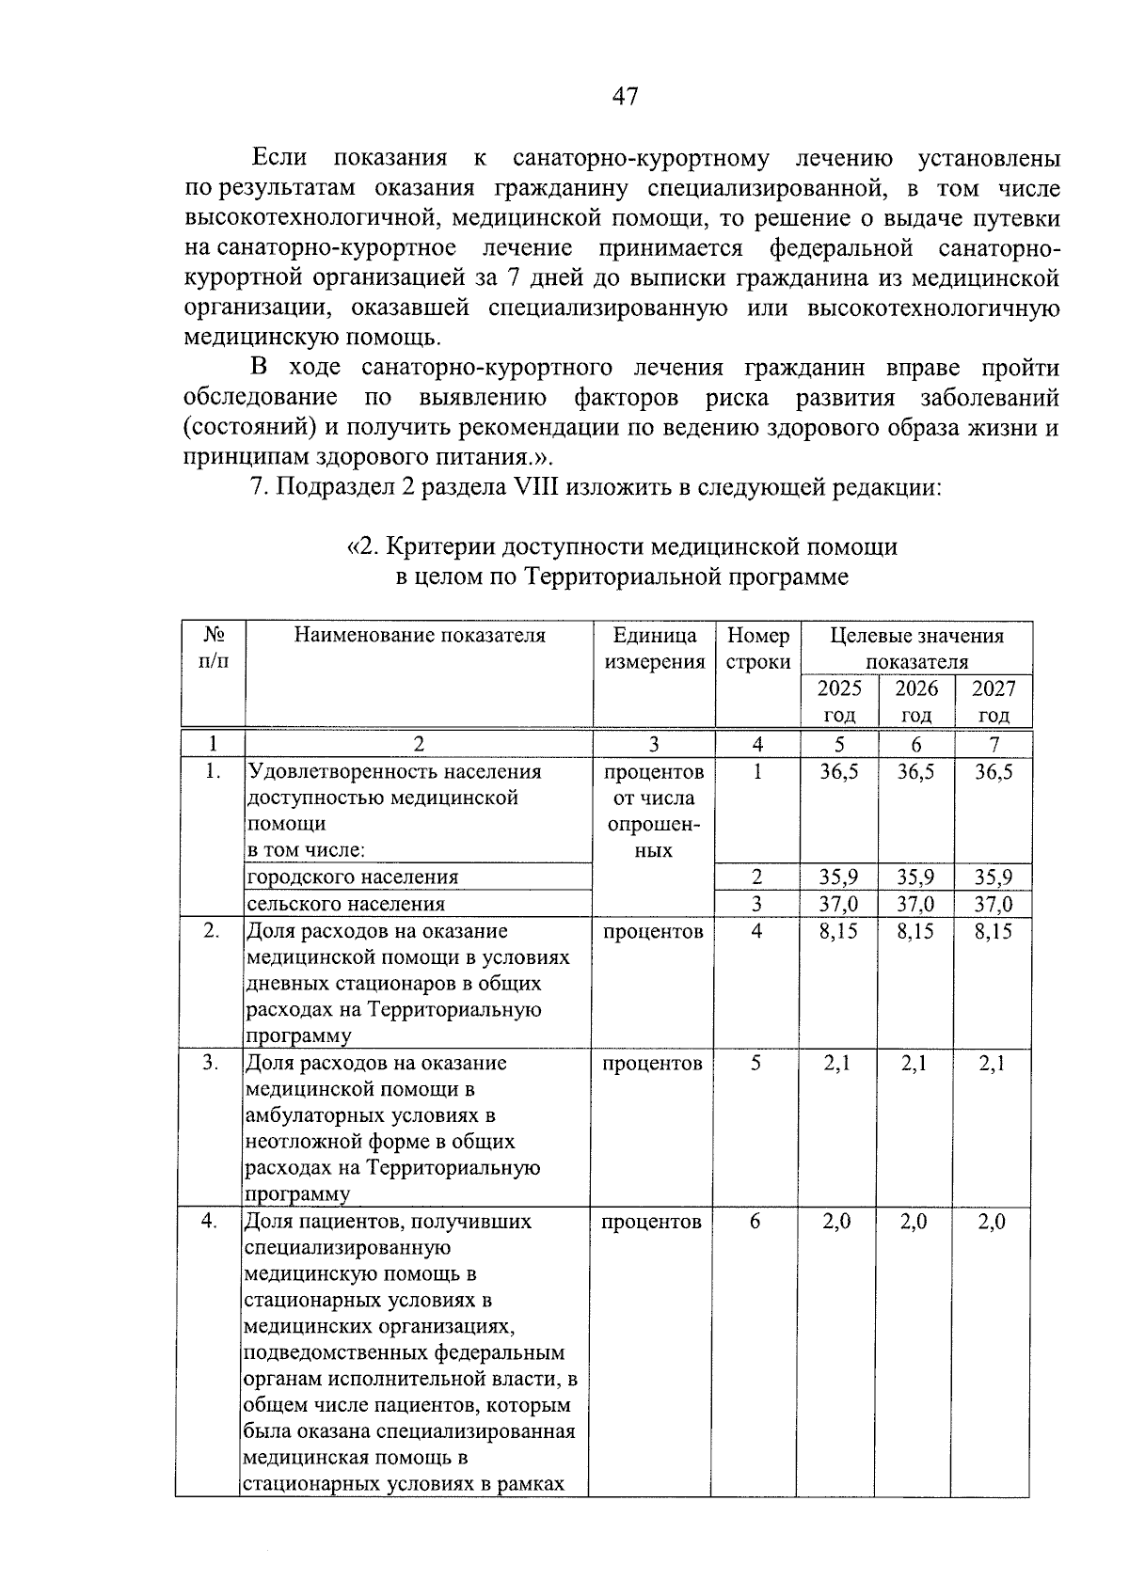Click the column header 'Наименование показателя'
point(420,635)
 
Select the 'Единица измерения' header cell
point(654,648)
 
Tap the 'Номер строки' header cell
point(757,648)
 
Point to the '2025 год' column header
point(839,701)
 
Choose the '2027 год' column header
point(994,701)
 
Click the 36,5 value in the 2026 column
point(915,772)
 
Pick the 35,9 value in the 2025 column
point(839,877)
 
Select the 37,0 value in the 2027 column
point(994,904)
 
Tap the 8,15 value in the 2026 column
point(915,931)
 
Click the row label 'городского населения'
point(353,877)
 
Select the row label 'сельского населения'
point(345,904)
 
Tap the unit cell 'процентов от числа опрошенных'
point(654,811)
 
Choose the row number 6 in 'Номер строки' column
point(756,1221)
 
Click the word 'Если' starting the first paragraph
point(279,157)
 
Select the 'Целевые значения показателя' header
point(916,648)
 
